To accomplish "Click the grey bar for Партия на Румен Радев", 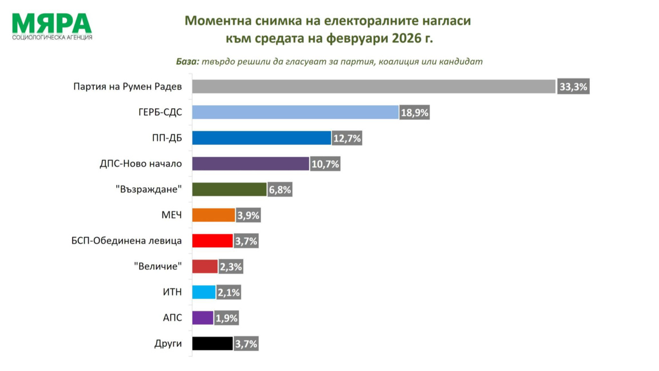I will pos(374,86).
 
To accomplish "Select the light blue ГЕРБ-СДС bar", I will pos(295,112).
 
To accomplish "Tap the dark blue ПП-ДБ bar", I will pos(261,138).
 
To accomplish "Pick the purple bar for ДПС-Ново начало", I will pos(251,164).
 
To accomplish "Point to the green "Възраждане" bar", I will pos(229,190).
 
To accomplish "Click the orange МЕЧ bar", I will pos(213,215).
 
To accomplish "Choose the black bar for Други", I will pos(212,344).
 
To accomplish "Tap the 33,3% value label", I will pos(573,87).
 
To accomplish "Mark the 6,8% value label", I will pos(280,190).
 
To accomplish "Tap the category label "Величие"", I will pos(157,266).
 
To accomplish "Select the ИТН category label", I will pos(172,292).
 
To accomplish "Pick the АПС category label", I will pos(172,318).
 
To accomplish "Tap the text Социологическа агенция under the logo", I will pos(52,38).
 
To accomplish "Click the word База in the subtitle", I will pos(187,62).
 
